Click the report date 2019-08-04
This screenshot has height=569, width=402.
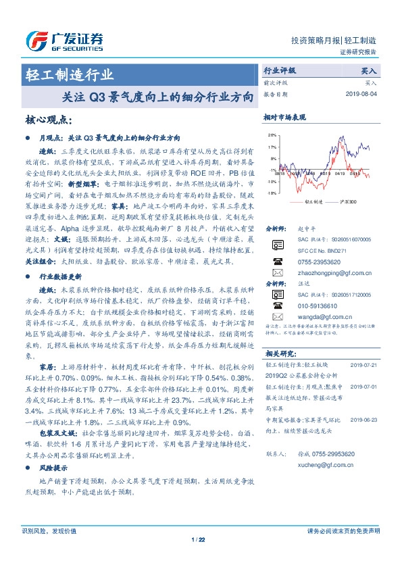coord(363,94)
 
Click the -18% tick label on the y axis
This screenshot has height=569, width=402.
coord(271,193)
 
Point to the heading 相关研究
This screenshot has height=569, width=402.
coord(280,353)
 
